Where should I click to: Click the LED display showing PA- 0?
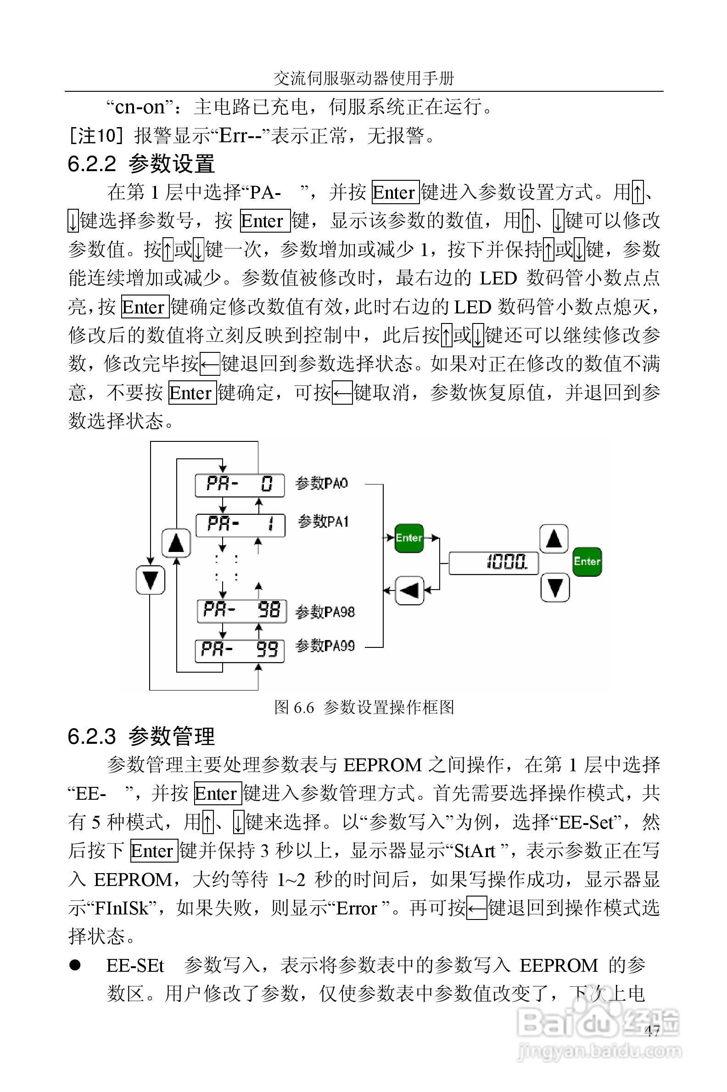240,485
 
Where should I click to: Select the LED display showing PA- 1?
240,525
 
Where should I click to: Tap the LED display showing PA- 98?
241,611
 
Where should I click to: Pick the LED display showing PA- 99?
239,651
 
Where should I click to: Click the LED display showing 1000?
494,563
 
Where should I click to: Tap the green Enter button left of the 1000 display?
409,538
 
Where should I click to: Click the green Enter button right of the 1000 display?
587,561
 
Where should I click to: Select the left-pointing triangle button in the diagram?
409,590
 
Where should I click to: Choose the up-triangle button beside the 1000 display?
554,539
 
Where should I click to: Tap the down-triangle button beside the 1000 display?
555,588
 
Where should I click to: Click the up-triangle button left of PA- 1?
176,542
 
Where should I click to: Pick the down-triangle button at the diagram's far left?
151,579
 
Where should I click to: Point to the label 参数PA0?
321,484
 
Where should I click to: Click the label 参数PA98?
325,612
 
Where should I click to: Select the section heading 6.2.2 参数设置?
141,164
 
